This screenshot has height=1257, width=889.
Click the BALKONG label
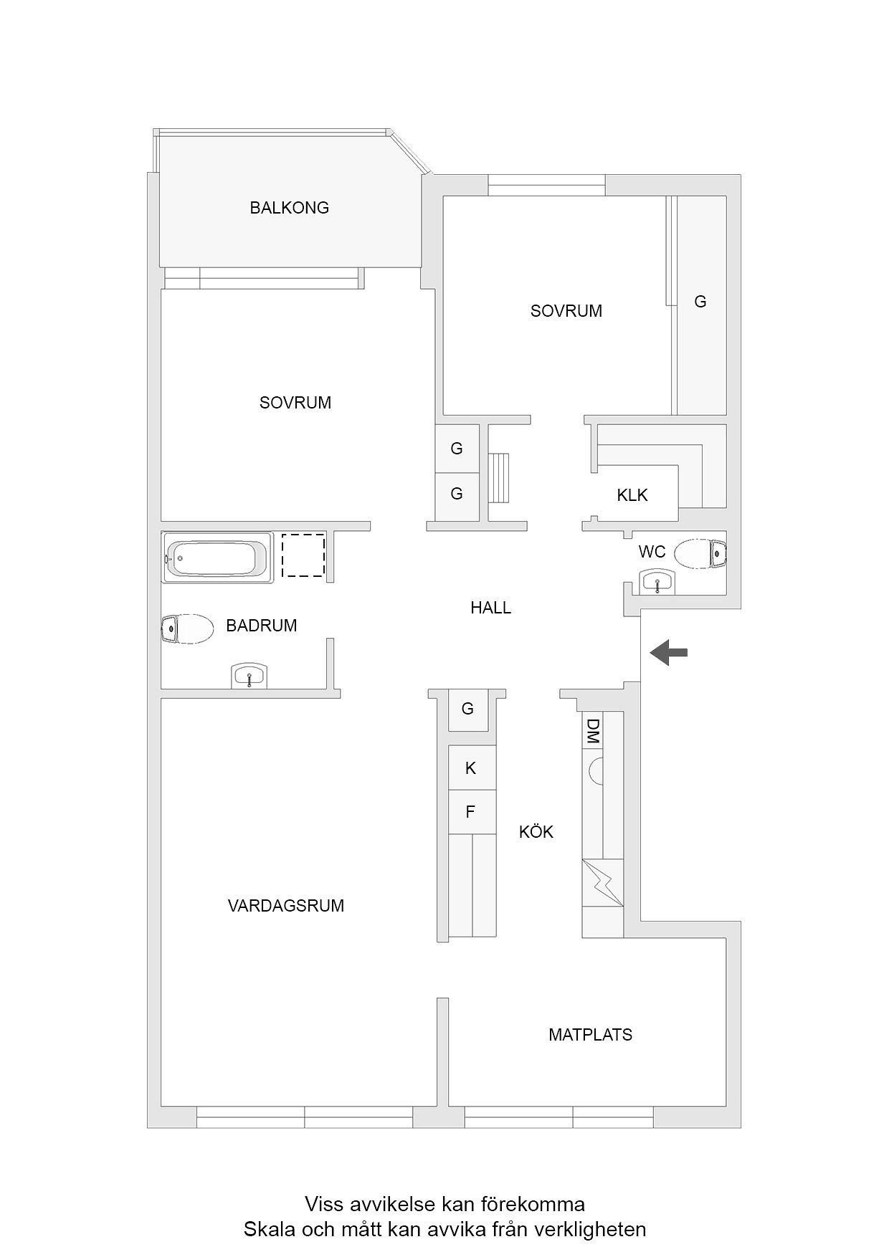[x=289, y=208]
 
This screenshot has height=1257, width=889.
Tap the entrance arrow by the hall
[x=668, y=652]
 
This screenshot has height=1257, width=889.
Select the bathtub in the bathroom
[x=217, y=557]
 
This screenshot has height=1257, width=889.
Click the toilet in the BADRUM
[x=187, y=629]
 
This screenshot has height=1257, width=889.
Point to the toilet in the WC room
[x=700, y=553]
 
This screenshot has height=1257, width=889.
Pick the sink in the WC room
[x=657, y=582]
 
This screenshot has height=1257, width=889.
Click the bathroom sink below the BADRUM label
[x=249, y=676]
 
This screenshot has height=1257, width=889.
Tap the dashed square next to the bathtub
[x=303, y=555]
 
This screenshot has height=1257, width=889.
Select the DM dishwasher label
[x=592, y=731]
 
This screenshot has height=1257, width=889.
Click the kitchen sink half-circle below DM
[x=596, y=770]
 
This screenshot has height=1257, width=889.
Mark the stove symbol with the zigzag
[x=602, y=882]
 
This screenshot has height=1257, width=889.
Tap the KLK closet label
[x=632, y=495]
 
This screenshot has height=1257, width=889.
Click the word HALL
[x=491, y=608]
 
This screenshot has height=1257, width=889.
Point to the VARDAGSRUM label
[x=286, y=906]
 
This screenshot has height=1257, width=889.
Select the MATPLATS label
[x=591, y=1035]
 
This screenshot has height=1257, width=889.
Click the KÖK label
[x=536, y=831]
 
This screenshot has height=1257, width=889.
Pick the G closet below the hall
[x=468, y=709]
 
